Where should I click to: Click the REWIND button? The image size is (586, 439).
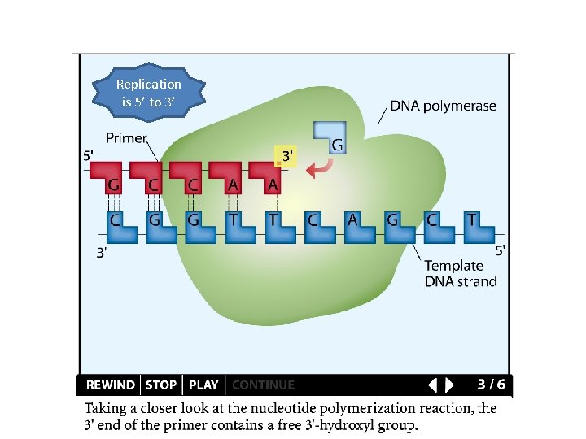(110, 385)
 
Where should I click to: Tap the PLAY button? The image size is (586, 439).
(203, 385)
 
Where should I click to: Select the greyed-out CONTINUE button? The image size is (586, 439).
(264, 385)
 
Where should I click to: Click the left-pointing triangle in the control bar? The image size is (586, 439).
(433, 385)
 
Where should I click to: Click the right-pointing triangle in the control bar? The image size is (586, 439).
(450, 385)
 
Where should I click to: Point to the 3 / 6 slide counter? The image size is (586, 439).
(491, 384)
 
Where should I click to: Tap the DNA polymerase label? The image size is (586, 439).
(443, 106)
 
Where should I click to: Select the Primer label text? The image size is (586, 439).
(126, 138)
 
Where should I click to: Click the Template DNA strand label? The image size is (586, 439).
(460, 273)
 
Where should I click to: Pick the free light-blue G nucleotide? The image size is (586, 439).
(330, 137)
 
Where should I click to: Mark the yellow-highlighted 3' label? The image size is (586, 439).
(286, 154)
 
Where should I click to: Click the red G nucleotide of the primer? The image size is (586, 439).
(114, 180)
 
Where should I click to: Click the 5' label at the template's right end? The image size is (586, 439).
(500, 250)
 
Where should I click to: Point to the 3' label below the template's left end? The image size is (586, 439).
(103, 252)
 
